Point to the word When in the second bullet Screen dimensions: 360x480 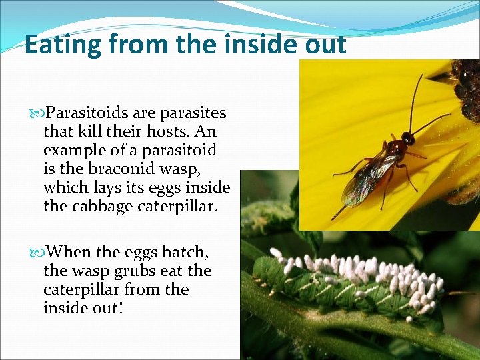(x=70, y=252)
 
